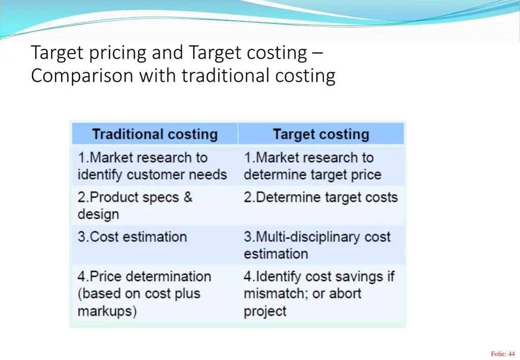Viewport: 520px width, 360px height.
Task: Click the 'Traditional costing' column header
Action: click(x=154, y=135)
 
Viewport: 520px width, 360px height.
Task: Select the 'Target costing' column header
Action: click(x=320, y=135)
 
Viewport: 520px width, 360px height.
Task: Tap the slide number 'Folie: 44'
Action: click(x=502, y=354)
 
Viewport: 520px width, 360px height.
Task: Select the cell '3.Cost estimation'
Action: click(x=132, y=237)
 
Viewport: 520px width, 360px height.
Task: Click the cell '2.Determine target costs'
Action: click(x=320, y=198)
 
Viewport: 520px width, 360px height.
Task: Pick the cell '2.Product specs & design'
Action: click(x=135, y=206)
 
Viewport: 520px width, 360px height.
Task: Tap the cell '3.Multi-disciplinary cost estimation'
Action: click(x=317, y=245)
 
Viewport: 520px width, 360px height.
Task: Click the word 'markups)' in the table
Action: click(x=107, y=311)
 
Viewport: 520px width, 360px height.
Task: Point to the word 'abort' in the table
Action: click(x=345, y=293)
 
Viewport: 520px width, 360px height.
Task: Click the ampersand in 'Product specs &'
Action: click(x=188, y=198)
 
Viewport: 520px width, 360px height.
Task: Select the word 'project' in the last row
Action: click(x=265, y=311)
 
